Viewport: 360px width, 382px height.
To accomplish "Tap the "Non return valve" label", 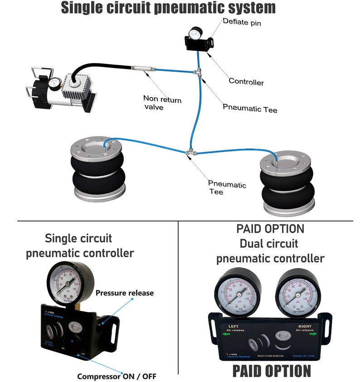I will coord(162,102).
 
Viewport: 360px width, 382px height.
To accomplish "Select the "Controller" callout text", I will coord(246,82).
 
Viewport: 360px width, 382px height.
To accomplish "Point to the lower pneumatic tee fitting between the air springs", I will coord(189,153).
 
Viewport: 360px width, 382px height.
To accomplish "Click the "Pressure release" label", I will coord(124,293).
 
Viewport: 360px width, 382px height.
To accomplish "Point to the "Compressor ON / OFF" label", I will coord(117,376).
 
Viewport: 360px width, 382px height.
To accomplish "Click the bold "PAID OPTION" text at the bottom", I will coord(272,371).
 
